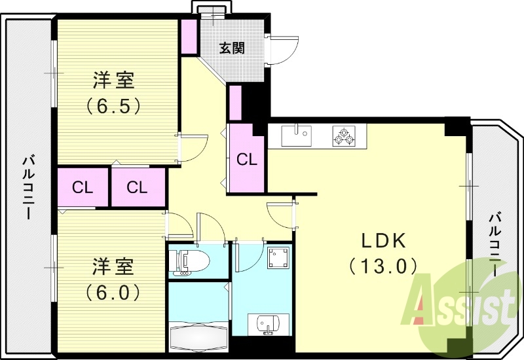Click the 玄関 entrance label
click(x=232, y=48)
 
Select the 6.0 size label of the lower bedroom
click(x=113, y=291)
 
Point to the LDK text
click(x=384, y=241)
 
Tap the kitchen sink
click(x=297, y=136)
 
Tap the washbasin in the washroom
click(x=268, y=323)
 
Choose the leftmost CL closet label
click(x=83, y=188)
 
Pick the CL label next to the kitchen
click(x=246, y=159)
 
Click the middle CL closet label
click(x=137, y=188)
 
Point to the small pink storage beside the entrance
click(x=189, y=37)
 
